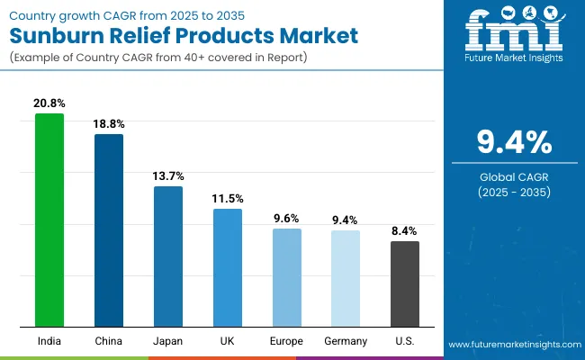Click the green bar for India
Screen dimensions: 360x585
click(49, 220)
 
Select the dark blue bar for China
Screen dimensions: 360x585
click(109, 229)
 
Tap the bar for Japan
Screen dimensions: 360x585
click(167, 256)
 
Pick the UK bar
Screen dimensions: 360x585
click(227, 267)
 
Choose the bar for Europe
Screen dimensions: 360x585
click(286, 277)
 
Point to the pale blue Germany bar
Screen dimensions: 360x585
click(346, 278)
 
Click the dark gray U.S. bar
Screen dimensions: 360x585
click(404, 283)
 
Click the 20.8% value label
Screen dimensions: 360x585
click(49, 104)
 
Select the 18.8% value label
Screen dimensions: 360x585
click(109, 125)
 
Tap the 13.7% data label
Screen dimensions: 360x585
click(167, 176)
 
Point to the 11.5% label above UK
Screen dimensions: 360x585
click(227, 199)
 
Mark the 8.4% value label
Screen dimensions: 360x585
click(404, 231)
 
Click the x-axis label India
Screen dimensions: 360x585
click(49, 341)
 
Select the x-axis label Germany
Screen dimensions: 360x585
click(346, 341)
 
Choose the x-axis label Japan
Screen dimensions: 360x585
click(167, 341)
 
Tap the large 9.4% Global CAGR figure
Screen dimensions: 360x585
click(514, 143)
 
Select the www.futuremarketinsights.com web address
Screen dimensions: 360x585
click(514, 345)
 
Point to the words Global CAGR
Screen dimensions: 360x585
click(514, 176)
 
